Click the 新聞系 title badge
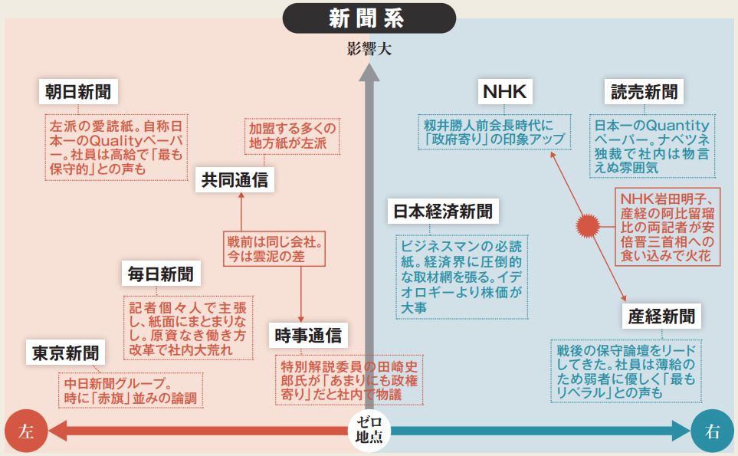(x=369, y=18)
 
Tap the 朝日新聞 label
(x=77, y=93)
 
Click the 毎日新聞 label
(x=161, y=273)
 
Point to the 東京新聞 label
(x=65, y=353)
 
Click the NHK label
(x=504, y=93)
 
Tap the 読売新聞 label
(x=644, y=93)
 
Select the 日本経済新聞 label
(x=444, y=211)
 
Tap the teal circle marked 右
(x=712, y=431)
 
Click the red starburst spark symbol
(x=586, y=225)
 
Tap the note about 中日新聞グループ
(x=130, y=390)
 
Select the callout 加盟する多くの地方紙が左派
(x=292, y=137)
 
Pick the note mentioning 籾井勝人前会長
(x=495, y=132)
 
